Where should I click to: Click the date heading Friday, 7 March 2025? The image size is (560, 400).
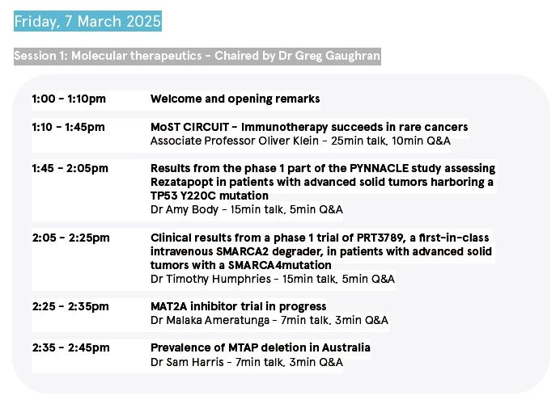click(87, 21)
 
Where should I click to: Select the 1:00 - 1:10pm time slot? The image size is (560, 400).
click(69, 99)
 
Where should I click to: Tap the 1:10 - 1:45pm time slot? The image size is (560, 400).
click(69, 127)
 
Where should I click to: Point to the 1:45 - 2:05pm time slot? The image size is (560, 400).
click(70, 168)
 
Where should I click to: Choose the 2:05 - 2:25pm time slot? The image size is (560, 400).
click(70, 238)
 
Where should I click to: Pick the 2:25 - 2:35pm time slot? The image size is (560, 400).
click(70, 306)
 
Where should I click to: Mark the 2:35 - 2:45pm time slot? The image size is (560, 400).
click(70, 347)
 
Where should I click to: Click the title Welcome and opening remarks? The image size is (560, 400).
click(235, 99)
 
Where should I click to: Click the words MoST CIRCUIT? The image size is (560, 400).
click(189, 127)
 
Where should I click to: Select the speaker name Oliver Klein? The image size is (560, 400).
click(289, 141)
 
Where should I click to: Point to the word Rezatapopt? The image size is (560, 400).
click(183, 182)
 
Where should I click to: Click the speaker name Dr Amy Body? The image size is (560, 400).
click(185, 209)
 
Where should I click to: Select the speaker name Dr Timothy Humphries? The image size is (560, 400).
click(210, 279)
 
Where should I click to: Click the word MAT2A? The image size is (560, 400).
click(168, 306)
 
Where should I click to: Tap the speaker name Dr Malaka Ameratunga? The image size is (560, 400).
click(210, 321)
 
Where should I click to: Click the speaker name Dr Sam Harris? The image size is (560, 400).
click(187, 362)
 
